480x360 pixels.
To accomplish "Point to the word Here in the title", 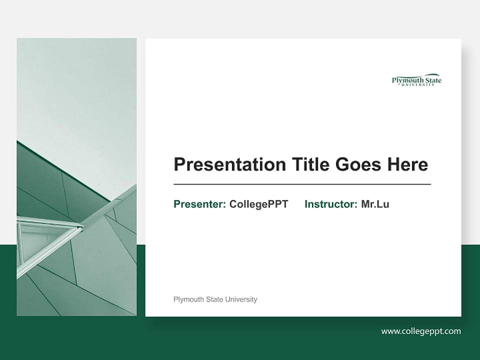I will click(x=406, y=164).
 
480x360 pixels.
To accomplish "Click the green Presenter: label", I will click(x=199, y=204).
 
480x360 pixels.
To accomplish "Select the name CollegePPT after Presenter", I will click(x=258, y=204).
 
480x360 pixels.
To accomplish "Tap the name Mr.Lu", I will click(x=375, y=204).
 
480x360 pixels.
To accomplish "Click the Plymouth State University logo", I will click(x=416, y=80).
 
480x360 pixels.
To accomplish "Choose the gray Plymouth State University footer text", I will click(x=215, y=299).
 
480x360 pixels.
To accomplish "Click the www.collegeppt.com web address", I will click(x=421, y=331).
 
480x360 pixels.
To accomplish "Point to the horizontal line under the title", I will click(x=302, y=184).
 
